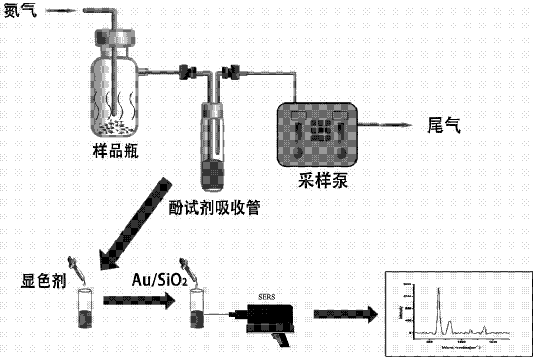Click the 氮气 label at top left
tap(21, 10)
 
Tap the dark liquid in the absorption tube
tap(214, 174)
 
